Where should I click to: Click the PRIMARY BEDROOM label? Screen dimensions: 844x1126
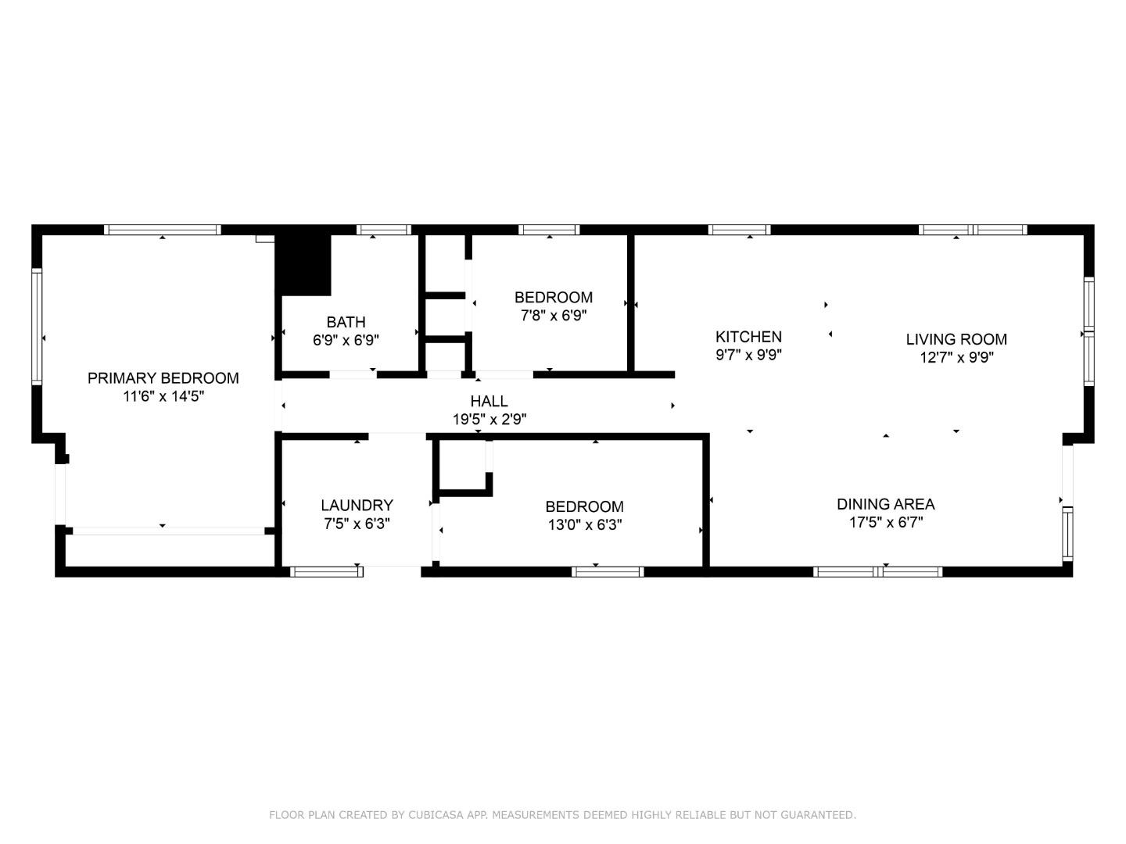tap(163, 378)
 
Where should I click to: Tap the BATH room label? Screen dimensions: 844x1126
tap(346, 322)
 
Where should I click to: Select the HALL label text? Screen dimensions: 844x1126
tap(489, 401)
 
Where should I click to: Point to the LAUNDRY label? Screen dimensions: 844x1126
tap(357, 506)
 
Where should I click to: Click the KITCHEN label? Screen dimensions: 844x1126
tap(748, 337)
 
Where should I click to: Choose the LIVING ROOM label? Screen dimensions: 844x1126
tap(956, 339)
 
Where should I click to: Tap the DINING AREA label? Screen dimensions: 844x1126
tap(885, 504)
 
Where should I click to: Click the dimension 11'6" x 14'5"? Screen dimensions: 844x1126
tap(163, 396)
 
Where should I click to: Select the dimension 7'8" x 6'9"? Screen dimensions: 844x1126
tap(553, 316)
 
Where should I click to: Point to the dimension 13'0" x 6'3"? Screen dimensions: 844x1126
tap(584, 525)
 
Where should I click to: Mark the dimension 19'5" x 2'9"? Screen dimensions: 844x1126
tap(489, 420)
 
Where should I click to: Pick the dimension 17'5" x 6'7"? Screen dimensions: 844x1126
tap(885, 523)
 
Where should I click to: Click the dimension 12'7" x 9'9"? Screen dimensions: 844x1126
tap(956, 358)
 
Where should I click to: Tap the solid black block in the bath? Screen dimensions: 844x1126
tap(305, 264)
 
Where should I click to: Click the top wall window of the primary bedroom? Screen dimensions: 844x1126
tap(163, 230)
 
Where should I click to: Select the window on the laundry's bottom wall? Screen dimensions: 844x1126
tap(326, 572)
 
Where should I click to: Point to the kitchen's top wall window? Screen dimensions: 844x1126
tap(739, 230)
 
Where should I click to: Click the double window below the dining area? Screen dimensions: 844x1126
tap(878, 572)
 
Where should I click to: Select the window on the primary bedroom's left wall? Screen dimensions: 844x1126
tap(36, 327)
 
